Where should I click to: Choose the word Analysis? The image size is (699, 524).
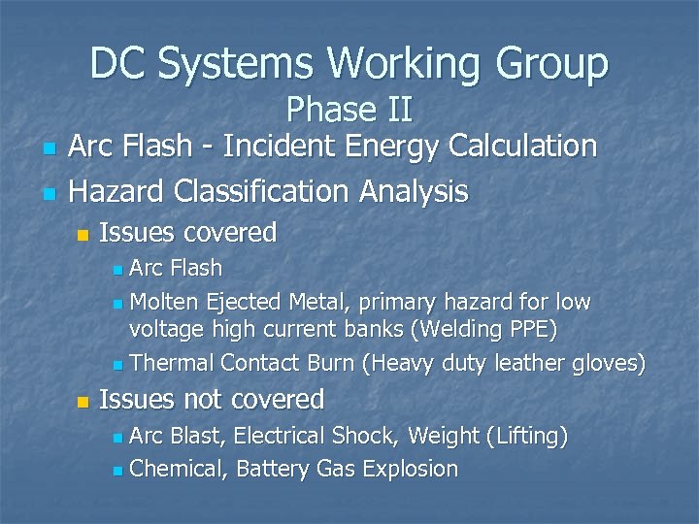tap(419, 191)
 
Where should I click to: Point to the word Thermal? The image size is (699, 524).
tap(171, 364)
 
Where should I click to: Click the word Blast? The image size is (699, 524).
tap(199, 437)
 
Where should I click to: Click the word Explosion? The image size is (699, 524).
tap(409, 469)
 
